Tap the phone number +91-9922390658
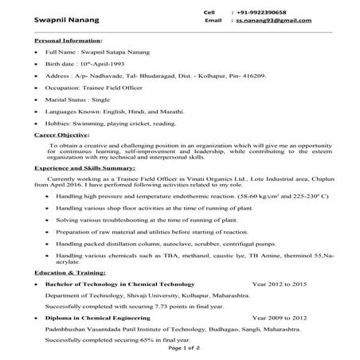pos(260,12)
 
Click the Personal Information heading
pos(68,40)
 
